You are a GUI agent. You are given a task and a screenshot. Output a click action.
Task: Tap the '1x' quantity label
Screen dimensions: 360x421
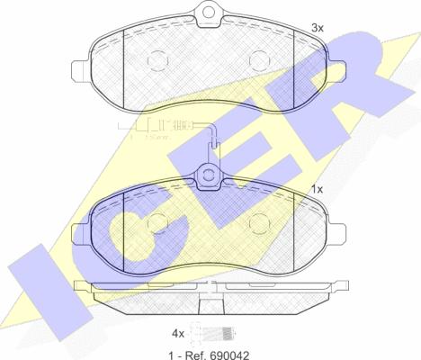[x=316, y=190]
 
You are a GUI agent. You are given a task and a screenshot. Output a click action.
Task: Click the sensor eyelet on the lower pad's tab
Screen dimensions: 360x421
[x=210, y=175]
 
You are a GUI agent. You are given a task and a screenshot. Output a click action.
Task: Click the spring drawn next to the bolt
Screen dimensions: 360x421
[x=228, y=330]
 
